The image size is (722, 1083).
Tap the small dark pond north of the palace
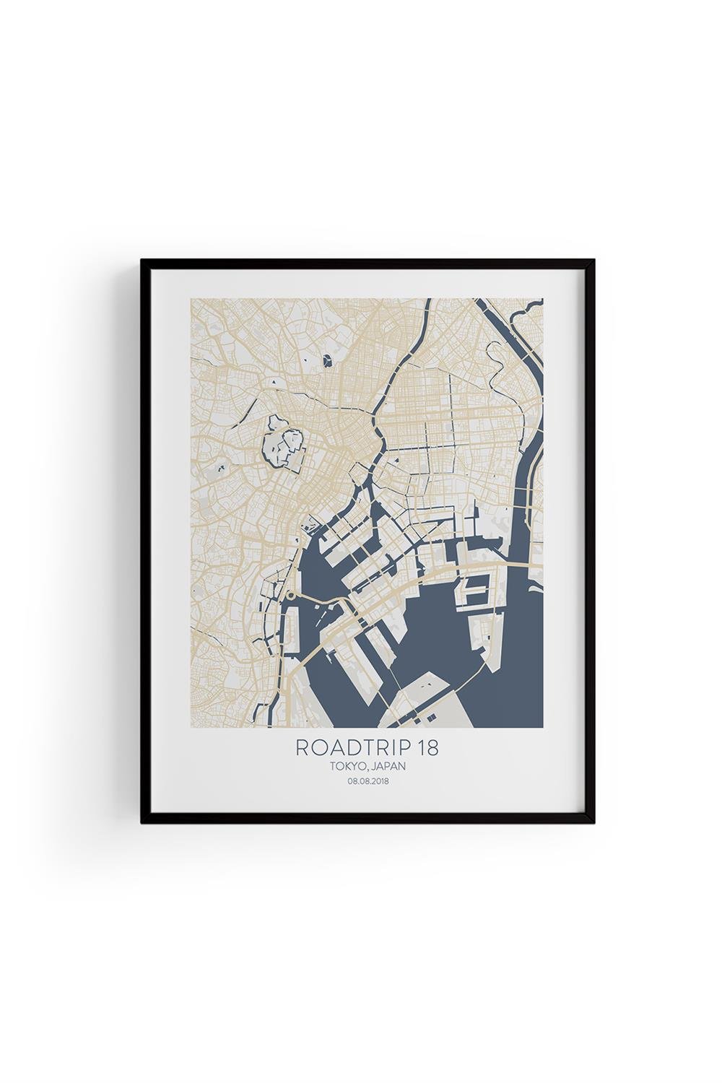tap(330, 359)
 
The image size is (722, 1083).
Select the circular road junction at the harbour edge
tap(290, 596)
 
